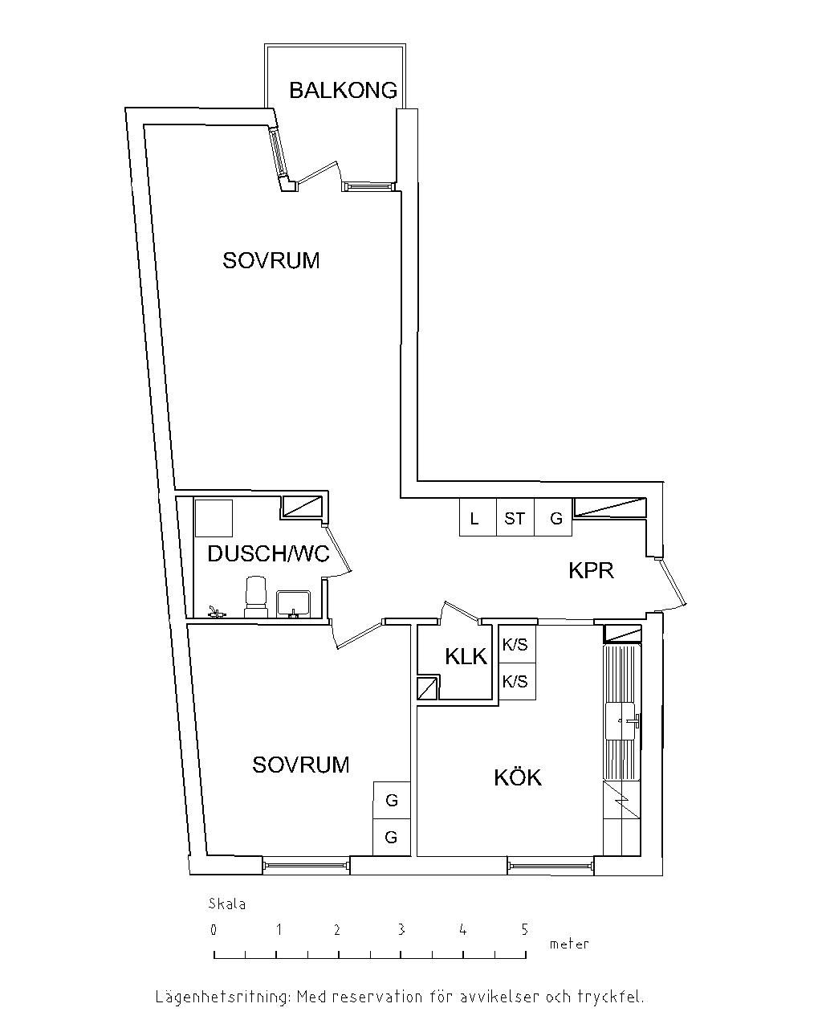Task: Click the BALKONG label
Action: tap(343, 90)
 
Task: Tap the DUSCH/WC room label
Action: tap(268, 553)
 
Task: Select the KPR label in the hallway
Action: tap(591, 570)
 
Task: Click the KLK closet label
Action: tap(466, 656)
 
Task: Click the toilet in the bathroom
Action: tap(255, 597)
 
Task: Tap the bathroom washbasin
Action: tap(293, 604)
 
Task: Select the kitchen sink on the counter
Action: tap(622, 720)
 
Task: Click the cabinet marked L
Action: tap(478, 517)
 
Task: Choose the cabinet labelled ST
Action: tap(515, 517)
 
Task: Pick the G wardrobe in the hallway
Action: tap(553, 517)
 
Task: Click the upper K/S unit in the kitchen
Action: tap(517, 644)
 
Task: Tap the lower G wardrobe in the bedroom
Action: tap(392, 838)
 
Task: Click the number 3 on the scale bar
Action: tap(401, 929)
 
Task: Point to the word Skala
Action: tap(227, 904)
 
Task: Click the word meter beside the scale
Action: tap(569, 944)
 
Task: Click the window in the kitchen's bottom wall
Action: tap(550, 865)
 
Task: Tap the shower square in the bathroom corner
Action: tap(214, 518)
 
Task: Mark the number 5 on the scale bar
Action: tap(525, 929)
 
